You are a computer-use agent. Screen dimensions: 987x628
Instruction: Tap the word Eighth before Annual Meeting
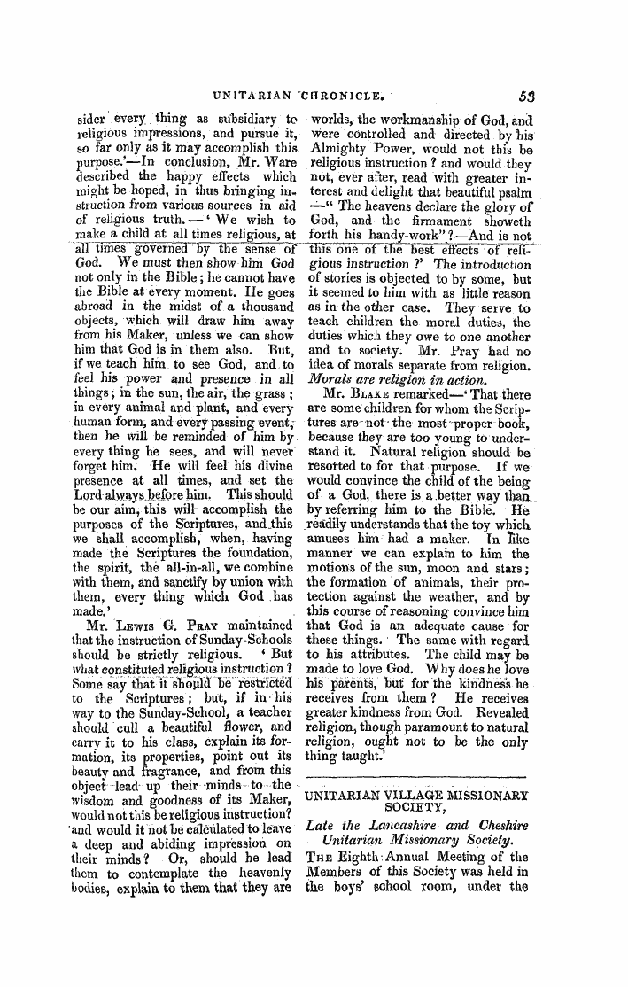362,858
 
